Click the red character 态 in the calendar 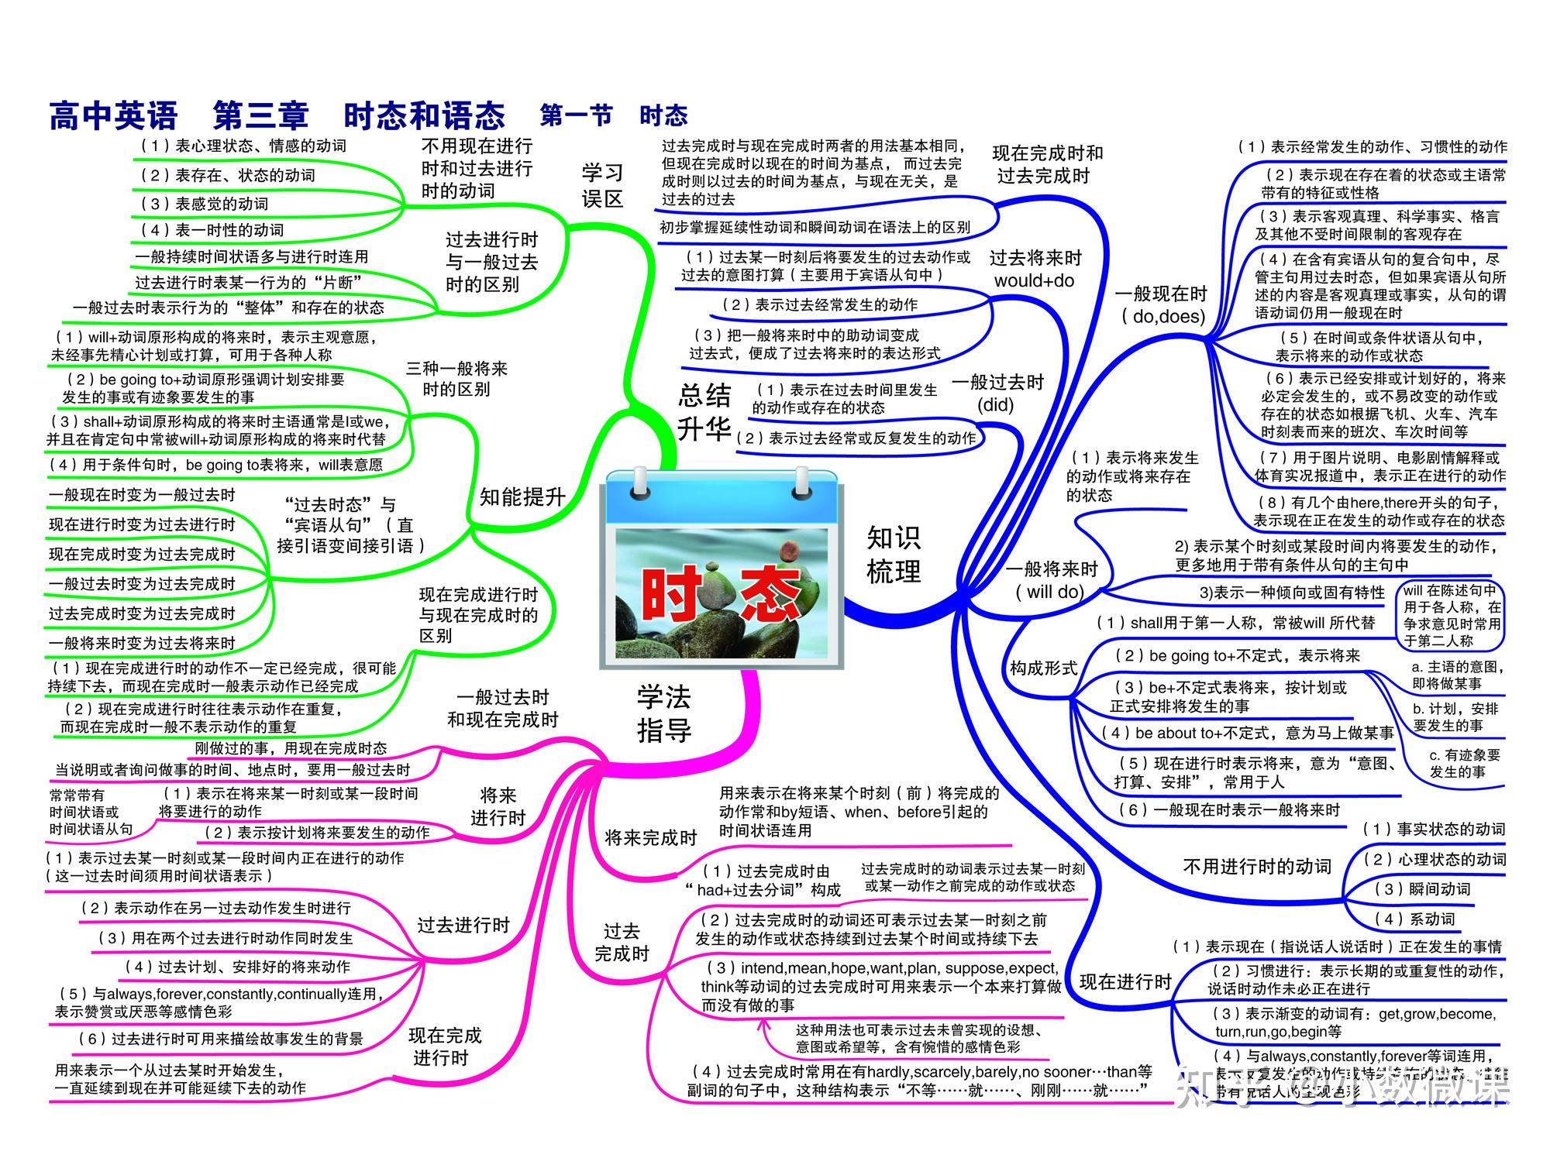[770, 595]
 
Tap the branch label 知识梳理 [893, 555]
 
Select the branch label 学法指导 [663, 713]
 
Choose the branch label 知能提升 [522, 497]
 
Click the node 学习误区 [602, 185]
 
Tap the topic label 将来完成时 [650, 837]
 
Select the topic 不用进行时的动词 [1256, 866]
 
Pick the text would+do [1034, 280]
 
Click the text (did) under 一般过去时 [995, 404]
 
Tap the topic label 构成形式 [1043, 668]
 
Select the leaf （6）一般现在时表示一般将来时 [1229, 810]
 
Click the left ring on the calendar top [640, 483]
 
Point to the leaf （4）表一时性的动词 [212, 230]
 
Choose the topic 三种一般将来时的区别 [456, 379]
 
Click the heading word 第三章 [260, 116]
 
